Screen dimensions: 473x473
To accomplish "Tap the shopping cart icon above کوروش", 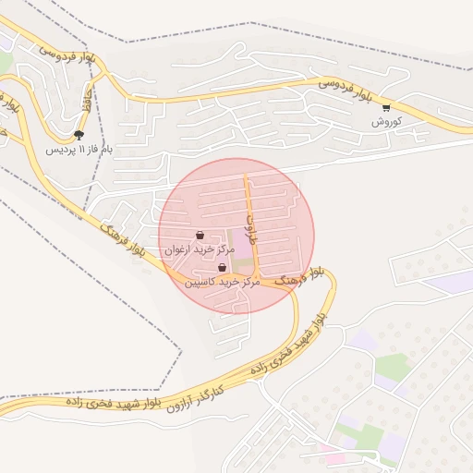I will [385, 108].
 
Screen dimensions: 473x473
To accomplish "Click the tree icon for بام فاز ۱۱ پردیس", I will [79, 135].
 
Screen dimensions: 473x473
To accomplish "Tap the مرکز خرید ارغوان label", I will [194, 250].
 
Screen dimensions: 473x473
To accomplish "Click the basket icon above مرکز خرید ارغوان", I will [200, 236].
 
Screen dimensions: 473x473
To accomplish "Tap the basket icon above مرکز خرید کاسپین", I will [222, 267].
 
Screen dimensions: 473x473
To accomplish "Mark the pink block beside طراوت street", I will [234, 244].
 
